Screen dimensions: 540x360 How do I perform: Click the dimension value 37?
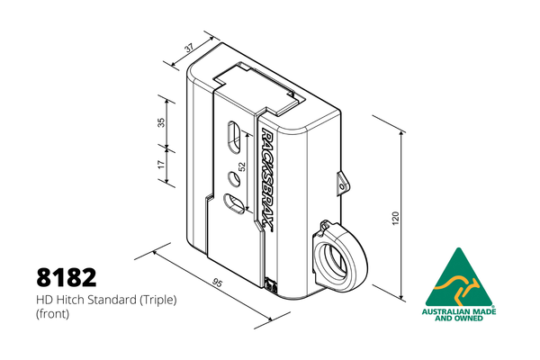190,48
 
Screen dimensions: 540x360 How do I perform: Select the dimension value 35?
161,122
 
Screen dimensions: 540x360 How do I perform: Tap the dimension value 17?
161,165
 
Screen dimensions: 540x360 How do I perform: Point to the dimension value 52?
242,166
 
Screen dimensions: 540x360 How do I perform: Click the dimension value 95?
217,283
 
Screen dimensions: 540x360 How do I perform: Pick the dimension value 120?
395,219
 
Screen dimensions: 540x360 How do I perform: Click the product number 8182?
67,277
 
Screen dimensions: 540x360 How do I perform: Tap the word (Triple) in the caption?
158,301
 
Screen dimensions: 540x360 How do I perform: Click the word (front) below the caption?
53,314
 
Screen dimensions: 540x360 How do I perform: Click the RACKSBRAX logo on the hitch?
267,178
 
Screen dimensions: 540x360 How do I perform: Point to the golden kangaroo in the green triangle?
460,288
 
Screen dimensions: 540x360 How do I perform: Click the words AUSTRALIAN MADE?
459,311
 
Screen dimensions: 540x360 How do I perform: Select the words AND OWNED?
459,318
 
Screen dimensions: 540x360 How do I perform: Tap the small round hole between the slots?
234,179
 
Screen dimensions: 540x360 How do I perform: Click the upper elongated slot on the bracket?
234,137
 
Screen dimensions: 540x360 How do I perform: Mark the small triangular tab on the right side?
342,184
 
